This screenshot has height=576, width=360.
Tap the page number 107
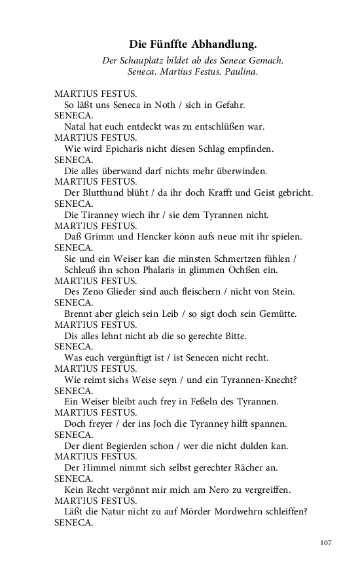point(327,542)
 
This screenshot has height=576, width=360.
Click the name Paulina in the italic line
point(242,71)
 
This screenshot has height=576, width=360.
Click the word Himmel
point(99,468)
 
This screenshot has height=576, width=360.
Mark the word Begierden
point(137,446)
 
